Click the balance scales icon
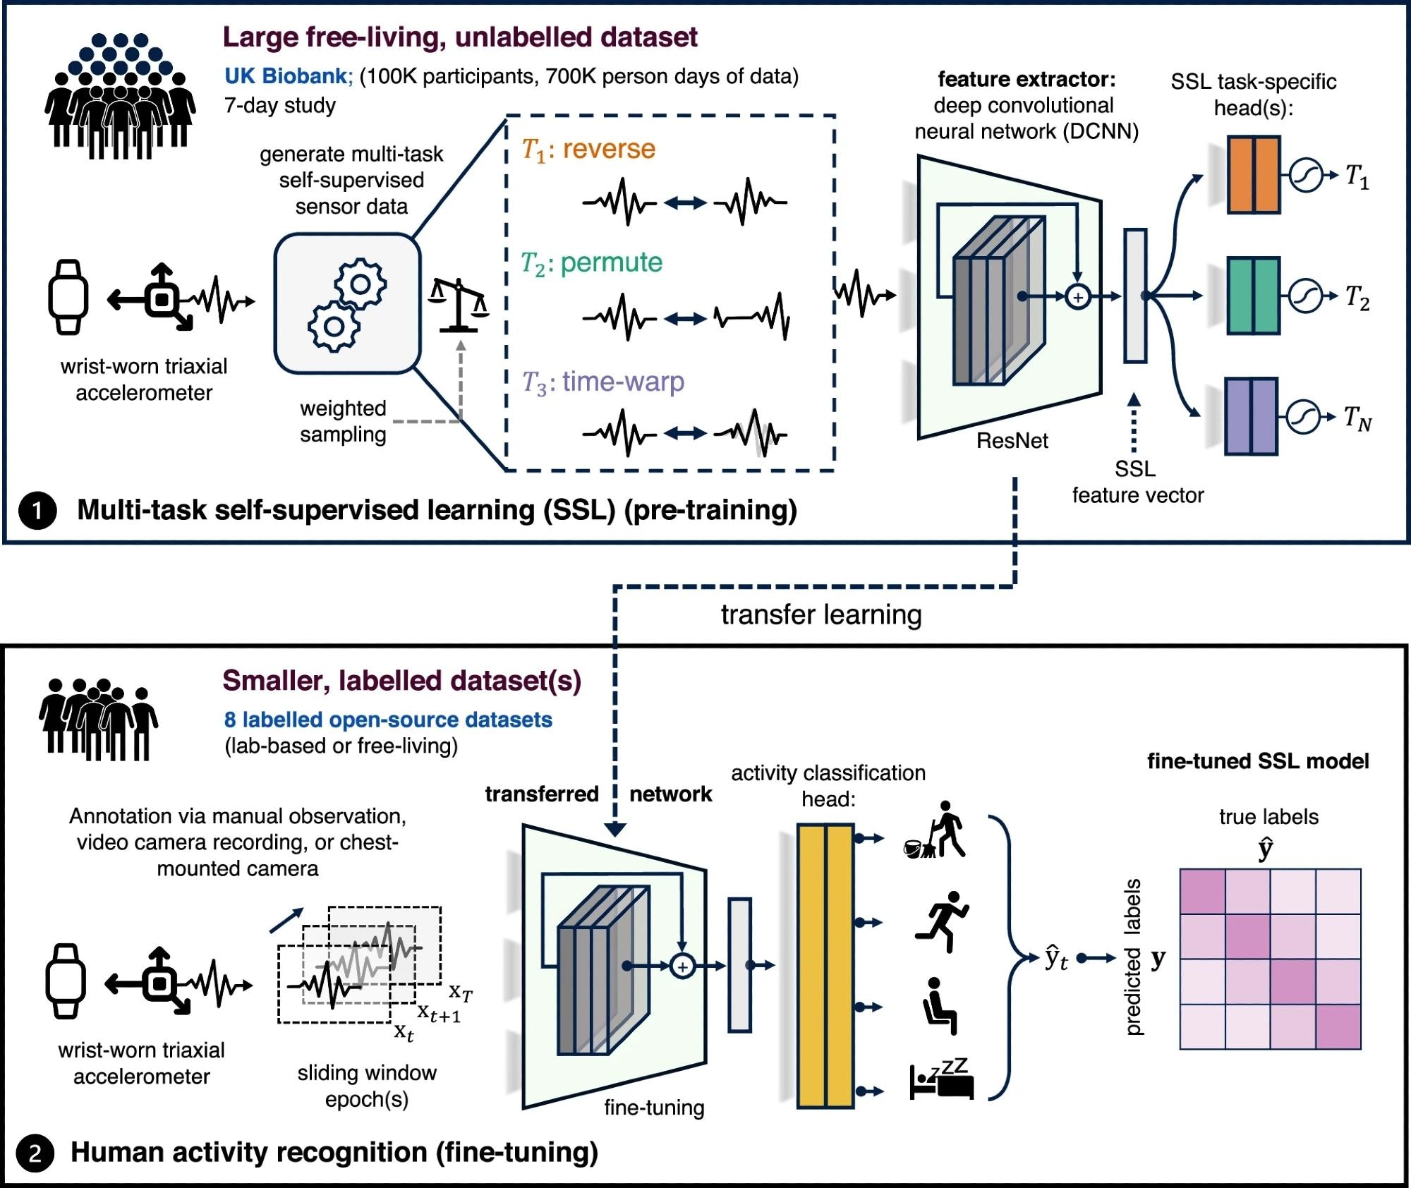(459, 305)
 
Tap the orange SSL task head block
(1253, 174)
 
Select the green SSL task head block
(1253, 295)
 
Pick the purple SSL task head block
(1251, 416)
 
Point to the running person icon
(943, 921)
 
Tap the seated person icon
(940, 1006)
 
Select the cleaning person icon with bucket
(936, 831)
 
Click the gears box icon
(347, 303)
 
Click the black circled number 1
(37, 510)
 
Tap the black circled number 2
(35, 1153)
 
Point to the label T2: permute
(591, 263)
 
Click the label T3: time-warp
(602, 382)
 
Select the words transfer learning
(820, 614)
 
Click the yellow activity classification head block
(825, 965)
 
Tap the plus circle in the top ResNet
(1077, 297)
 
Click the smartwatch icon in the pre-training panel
(68, 297)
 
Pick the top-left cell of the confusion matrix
(1202, 892)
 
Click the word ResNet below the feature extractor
(1012, 441)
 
